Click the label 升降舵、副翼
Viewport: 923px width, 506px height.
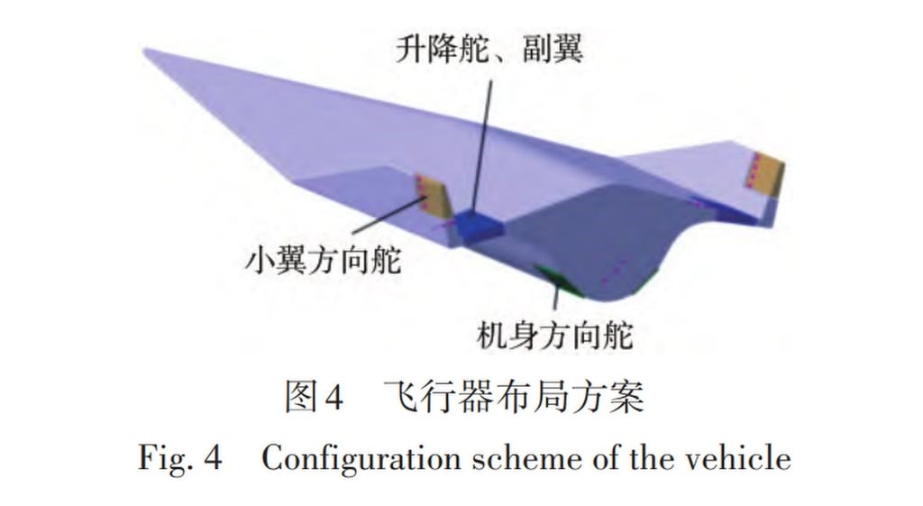(x=489, y=49)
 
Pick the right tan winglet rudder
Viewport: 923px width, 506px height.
(x=765, y=173)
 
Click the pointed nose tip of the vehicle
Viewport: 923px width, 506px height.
(x=145, y=51)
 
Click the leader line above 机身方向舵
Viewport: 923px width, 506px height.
(x=555, y=297)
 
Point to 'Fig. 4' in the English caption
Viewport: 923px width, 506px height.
(x=180, y=457)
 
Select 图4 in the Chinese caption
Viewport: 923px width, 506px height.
(x=314, y=396)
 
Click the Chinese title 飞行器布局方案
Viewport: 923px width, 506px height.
(x=514, y=396)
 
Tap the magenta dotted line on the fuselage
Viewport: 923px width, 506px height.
(x=613, y=271)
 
